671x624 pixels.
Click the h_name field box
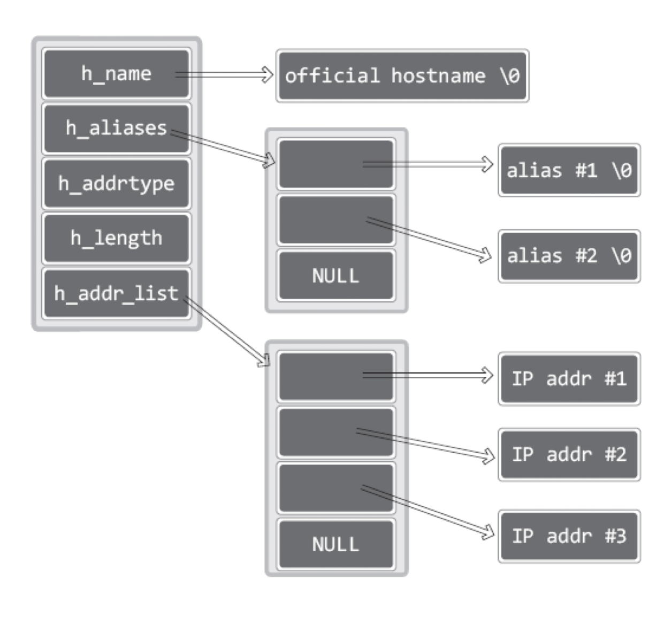(116, 74)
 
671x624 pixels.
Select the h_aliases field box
(116, 128)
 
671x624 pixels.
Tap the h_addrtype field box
(116, 184)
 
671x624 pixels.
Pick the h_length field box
(116, 238)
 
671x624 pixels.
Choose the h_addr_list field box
(116, 293)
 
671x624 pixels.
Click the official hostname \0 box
(402, 76)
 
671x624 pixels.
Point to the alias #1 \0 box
(569, 170)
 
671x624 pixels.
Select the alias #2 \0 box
(569, 256)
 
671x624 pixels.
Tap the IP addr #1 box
(569, 378)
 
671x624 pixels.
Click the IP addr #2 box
(569, 454)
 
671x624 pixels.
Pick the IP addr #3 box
(569, 536)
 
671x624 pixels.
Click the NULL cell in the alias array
(335, 276)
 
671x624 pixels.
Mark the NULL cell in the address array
(335, 544)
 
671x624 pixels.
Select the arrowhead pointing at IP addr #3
(487, 532)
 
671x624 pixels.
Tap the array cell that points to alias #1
(335, 164)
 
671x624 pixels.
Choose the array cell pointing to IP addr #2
(335, 432)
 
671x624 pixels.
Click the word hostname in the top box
(438, 76)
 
